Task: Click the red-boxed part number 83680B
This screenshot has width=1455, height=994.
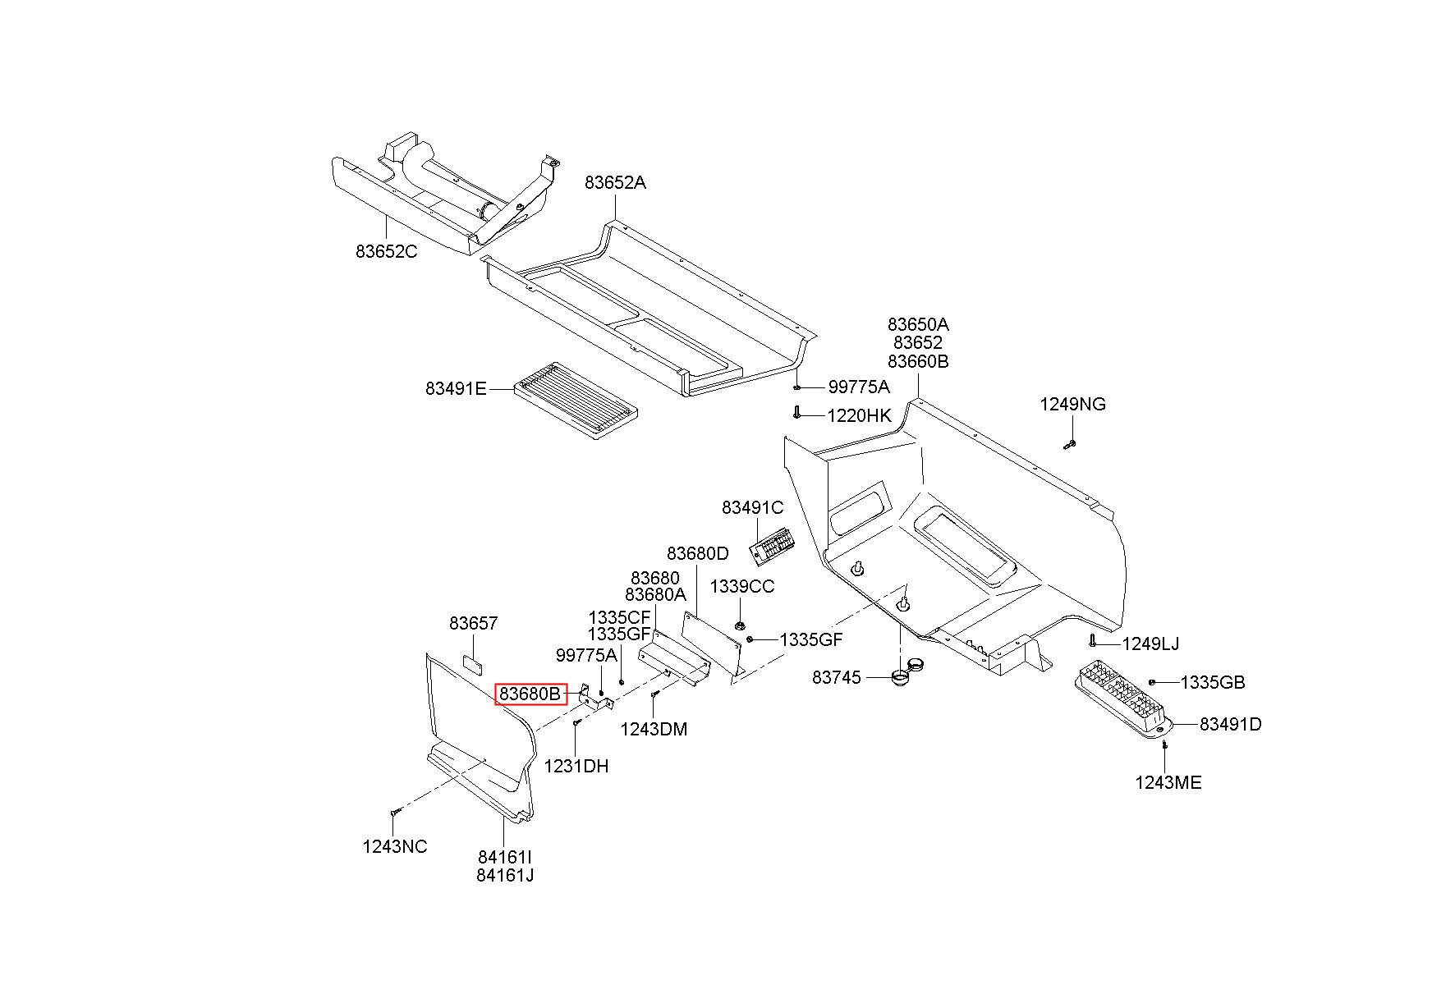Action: [531, 694]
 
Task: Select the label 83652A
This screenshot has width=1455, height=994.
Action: [616, 183]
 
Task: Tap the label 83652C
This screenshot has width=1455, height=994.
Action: [387, 251]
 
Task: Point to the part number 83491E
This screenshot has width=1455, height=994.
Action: [457, 388]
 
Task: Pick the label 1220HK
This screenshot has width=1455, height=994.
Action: [859, 415]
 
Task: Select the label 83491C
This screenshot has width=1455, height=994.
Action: [753, 508]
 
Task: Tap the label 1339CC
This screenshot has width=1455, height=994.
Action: [742, 587]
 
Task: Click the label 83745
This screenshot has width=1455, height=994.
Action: [837, 677]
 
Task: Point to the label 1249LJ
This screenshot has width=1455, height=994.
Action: [1150, 644]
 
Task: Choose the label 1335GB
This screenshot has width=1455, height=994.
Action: [1213, 682]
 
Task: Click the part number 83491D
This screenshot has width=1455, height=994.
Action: [1231, 724]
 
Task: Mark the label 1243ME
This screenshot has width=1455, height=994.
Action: [1168, 782]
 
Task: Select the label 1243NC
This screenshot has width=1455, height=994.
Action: [395, 846]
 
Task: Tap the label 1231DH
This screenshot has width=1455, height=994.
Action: [576, 766]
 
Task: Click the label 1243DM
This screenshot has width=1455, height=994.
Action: [654, 729]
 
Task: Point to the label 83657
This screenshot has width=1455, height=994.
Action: [474, 623]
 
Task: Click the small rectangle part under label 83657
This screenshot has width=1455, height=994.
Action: [473, 662]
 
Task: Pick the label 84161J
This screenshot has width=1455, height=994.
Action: [505, 875]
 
